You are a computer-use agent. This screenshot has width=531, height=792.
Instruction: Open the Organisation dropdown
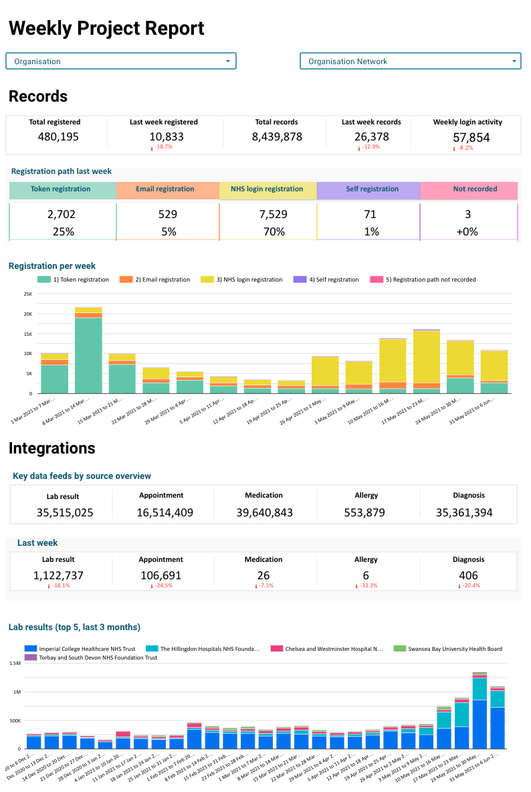[121, 61]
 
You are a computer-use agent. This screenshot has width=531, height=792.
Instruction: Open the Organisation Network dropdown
[410, 61]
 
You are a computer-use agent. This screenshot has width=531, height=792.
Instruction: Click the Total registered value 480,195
[54, 136]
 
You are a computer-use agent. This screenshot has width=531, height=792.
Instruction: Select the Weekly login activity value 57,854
[467, 137]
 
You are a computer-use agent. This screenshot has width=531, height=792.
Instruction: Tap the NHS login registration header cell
[267, 189]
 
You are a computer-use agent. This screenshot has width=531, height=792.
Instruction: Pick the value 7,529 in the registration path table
[268, 214]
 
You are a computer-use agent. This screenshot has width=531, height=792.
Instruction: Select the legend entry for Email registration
[156, 280]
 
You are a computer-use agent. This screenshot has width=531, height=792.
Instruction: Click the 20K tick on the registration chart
[27, 314]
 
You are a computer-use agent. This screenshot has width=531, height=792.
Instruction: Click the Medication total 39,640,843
[264, 513]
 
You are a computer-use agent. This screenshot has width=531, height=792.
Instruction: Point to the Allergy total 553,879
[366, 513]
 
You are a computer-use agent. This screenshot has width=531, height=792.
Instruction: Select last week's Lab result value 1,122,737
[58, 575]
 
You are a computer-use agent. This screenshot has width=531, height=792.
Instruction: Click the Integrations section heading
[52, 448]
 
